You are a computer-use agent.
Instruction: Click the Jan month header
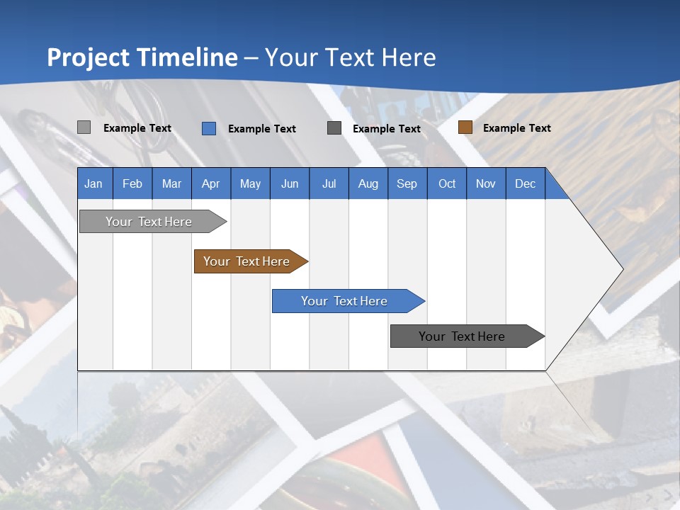(94, 183)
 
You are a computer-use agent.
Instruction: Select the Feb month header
(132, 183)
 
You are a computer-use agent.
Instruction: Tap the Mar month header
(171, 183)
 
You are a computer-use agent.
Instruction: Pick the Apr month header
(211, 183)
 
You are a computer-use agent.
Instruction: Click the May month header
(250, 183)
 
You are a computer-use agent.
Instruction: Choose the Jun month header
(290, 183)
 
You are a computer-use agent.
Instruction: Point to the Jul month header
(329, 183)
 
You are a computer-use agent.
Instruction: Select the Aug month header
(368, 183)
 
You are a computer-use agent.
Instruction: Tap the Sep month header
(407, 183)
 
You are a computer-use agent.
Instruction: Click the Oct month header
(447, 183)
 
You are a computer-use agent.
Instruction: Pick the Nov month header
(486, 183)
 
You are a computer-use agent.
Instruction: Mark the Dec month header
(526, 183)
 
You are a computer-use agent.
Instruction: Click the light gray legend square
(84, 127)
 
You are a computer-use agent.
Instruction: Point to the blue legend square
(209, 128)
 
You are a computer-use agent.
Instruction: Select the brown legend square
(465, 127)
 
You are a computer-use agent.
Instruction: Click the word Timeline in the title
(186, 57)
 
